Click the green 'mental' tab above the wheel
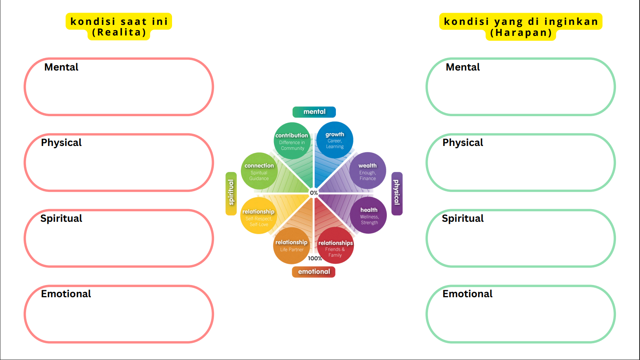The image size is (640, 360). (x=314, y=112)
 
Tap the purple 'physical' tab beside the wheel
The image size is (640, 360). (x=397, y=193)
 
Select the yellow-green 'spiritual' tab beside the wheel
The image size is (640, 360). (x=231, y=193)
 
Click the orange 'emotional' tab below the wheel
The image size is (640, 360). (x=313, y=272)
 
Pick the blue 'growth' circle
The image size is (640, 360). (x=335, y=139)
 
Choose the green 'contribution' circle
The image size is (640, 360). (x=292, y=141)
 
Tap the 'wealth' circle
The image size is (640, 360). (x=368, y=171)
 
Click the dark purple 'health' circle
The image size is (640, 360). (x=369, y=215)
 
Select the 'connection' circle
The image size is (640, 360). (x=259, y=171)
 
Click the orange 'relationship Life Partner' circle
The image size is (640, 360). (x=291, y=245)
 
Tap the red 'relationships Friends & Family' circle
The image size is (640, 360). (x=335, y=246)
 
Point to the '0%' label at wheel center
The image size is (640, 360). (x=314, y=193)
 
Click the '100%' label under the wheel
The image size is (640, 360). (x=315, y=258)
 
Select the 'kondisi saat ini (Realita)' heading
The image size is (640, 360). (x=119, y=27)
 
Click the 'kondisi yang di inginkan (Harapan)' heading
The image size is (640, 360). (x=521, y=27)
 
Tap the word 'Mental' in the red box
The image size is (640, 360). (x=61, y=67)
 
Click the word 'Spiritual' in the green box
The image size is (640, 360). (x=463, y=219)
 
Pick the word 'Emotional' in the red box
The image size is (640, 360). (x=66, y=294)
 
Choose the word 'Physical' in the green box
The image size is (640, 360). (x=463, y=143)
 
